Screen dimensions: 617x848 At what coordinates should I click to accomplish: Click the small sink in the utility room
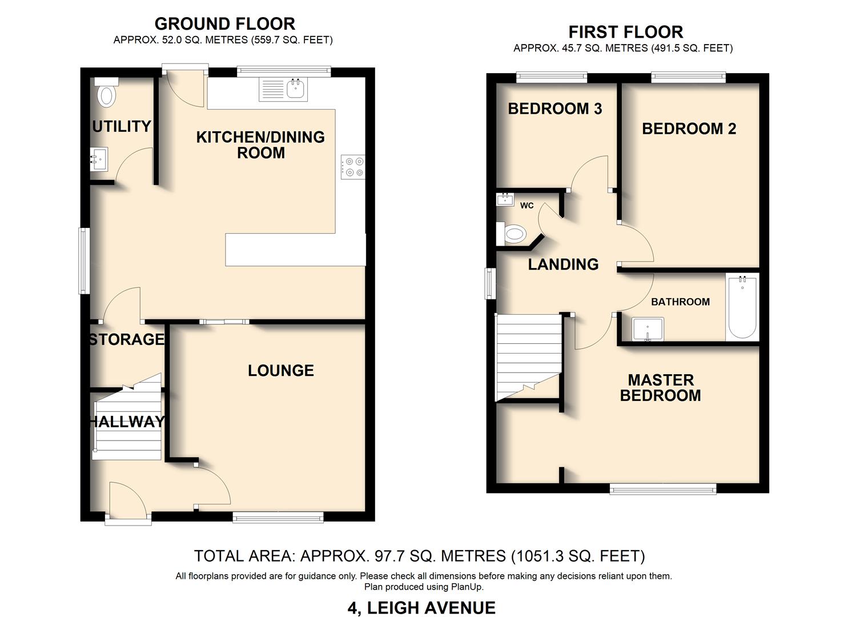click(x=99, y=158)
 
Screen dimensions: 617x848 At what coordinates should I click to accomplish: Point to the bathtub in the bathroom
click(x=742, y=308)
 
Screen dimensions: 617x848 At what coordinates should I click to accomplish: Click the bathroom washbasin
click(x=648, y=330)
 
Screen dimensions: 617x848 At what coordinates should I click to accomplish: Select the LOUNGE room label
click(x=280, y=371)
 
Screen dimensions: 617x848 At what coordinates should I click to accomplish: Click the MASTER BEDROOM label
click(x=660, y=388)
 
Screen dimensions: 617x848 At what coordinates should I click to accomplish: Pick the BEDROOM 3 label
click(x=554, y=109)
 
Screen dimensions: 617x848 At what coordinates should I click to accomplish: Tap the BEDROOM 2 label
click(x=689, y=129)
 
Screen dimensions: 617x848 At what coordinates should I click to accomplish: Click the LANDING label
click(x=563, y=264)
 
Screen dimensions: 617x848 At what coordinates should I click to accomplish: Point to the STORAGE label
click(x=127, y=339)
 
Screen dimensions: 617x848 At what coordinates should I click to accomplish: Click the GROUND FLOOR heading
click(x=224, y=23)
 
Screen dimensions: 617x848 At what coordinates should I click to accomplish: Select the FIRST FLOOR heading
click(x=625, y=31)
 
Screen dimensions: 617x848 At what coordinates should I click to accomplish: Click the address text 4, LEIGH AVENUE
click(x=421, y=607)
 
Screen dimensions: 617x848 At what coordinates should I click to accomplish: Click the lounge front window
click(x=278, y=518)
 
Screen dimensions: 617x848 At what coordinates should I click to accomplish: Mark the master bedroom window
click(x=663, y=488)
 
